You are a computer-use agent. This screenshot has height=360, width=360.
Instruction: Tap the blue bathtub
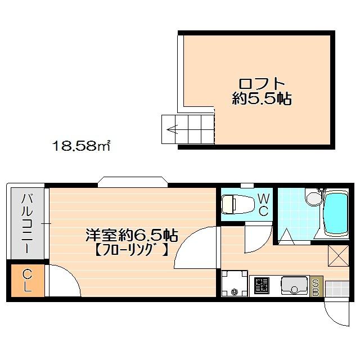[x=337, y=214]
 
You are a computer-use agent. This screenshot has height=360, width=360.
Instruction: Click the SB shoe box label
[x=316, y=287]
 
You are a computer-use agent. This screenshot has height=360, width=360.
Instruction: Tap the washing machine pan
[x=234, y=283]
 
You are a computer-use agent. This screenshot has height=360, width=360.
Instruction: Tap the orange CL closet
[x=26, y=281]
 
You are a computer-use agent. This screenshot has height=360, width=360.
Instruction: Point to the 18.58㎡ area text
[x=81, y=147]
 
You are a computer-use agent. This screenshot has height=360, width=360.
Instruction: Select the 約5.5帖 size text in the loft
[x=262, y=100]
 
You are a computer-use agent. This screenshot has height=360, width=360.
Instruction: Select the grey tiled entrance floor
[x=337, y=287]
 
